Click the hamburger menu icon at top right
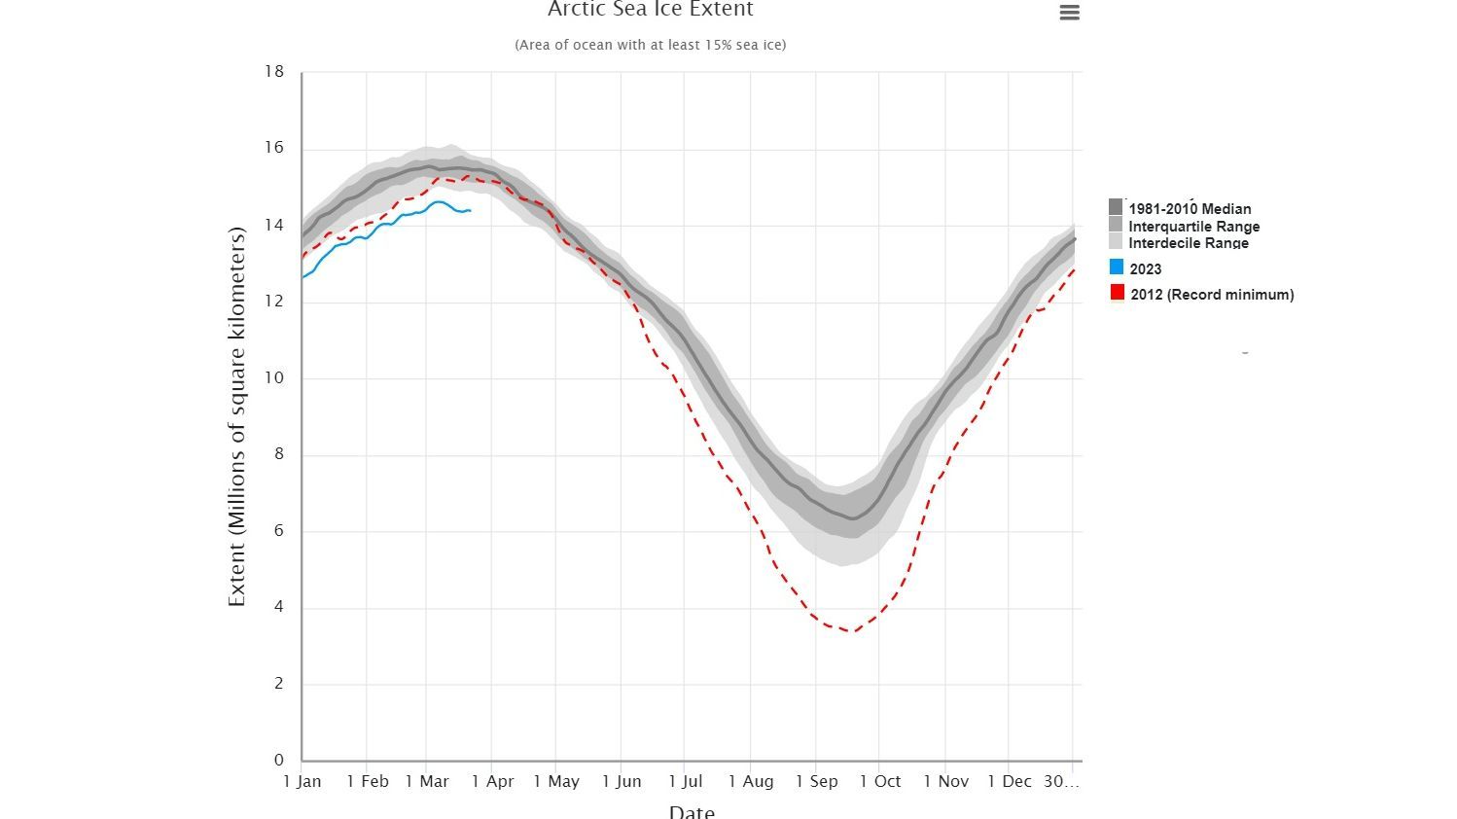tap(1069, 13)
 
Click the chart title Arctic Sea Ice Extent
tap(650, 10)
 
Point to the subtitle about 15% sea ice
tap(650, 45)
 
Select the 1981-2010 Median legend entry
tap(1189, 208)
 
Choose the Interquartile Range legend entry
tap(1192, 226)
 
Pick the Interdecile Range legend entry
tap(1188, 243)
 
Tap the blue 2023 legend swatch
tap(1117, 267)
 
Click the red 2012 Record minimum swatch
tap(1117, 293)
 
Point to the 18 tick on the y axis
tap(274, 71)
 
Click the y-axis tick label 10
tap(274, 377)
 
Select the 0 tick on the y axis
tap(279, 760)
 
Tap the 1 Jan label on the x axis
tap(302, 781)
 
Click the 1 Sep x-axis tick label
tap(816, 781)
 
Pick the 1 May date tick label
tap(556, 781)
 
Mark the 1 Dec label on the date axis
tap(1009, 781)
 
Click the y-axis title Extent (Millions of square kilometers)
tap(236, 416)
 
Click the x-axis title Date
tap(692, 810)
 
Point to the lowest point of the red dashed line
tap(852, 631)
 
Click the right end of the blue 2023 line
tap(471, 210)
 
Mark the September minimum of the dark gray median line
tap(853, 518)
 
